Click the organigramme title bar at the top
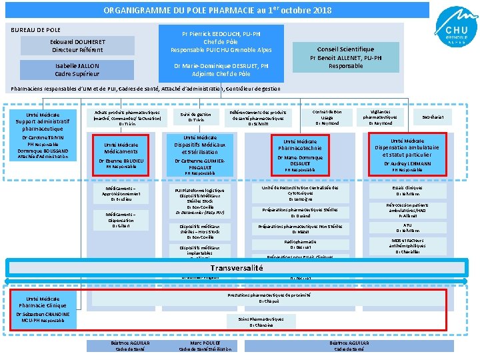[217, 11]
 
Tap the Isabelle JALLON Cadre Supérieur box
[77, 69]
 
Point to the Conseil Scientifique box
[345, 57]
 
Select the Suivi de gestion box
[195, 117]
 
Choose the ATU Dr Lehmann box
[407, 227]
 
